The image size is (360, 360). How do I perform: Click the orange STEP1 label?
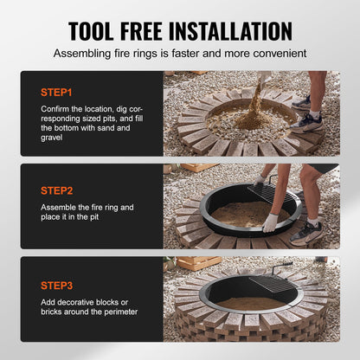[58, 90]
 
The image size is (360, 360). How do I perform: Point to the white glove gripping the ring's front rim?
[270, 222]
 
